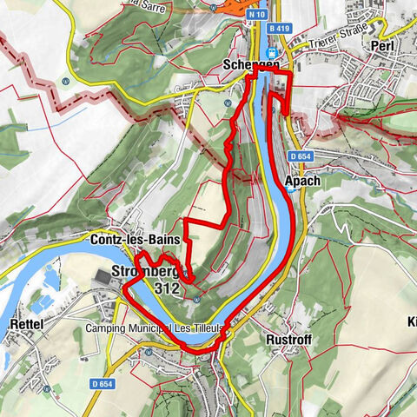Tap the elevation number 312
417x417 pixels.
pos(166,286)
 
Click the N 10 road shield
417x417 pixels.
pos(255,15)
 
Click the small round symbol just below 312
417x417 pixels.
pos(197,301)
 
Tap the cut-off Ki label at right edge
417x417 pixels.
pos(410,321)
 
